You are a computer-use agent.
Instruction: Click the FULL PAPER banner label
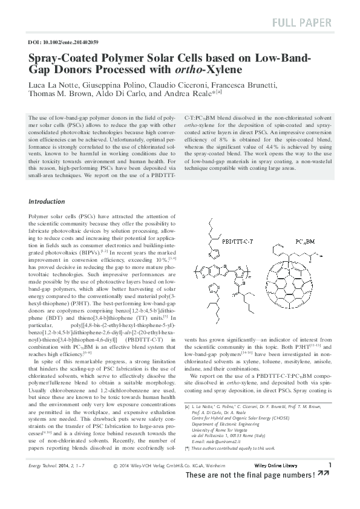pos(302,23)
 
